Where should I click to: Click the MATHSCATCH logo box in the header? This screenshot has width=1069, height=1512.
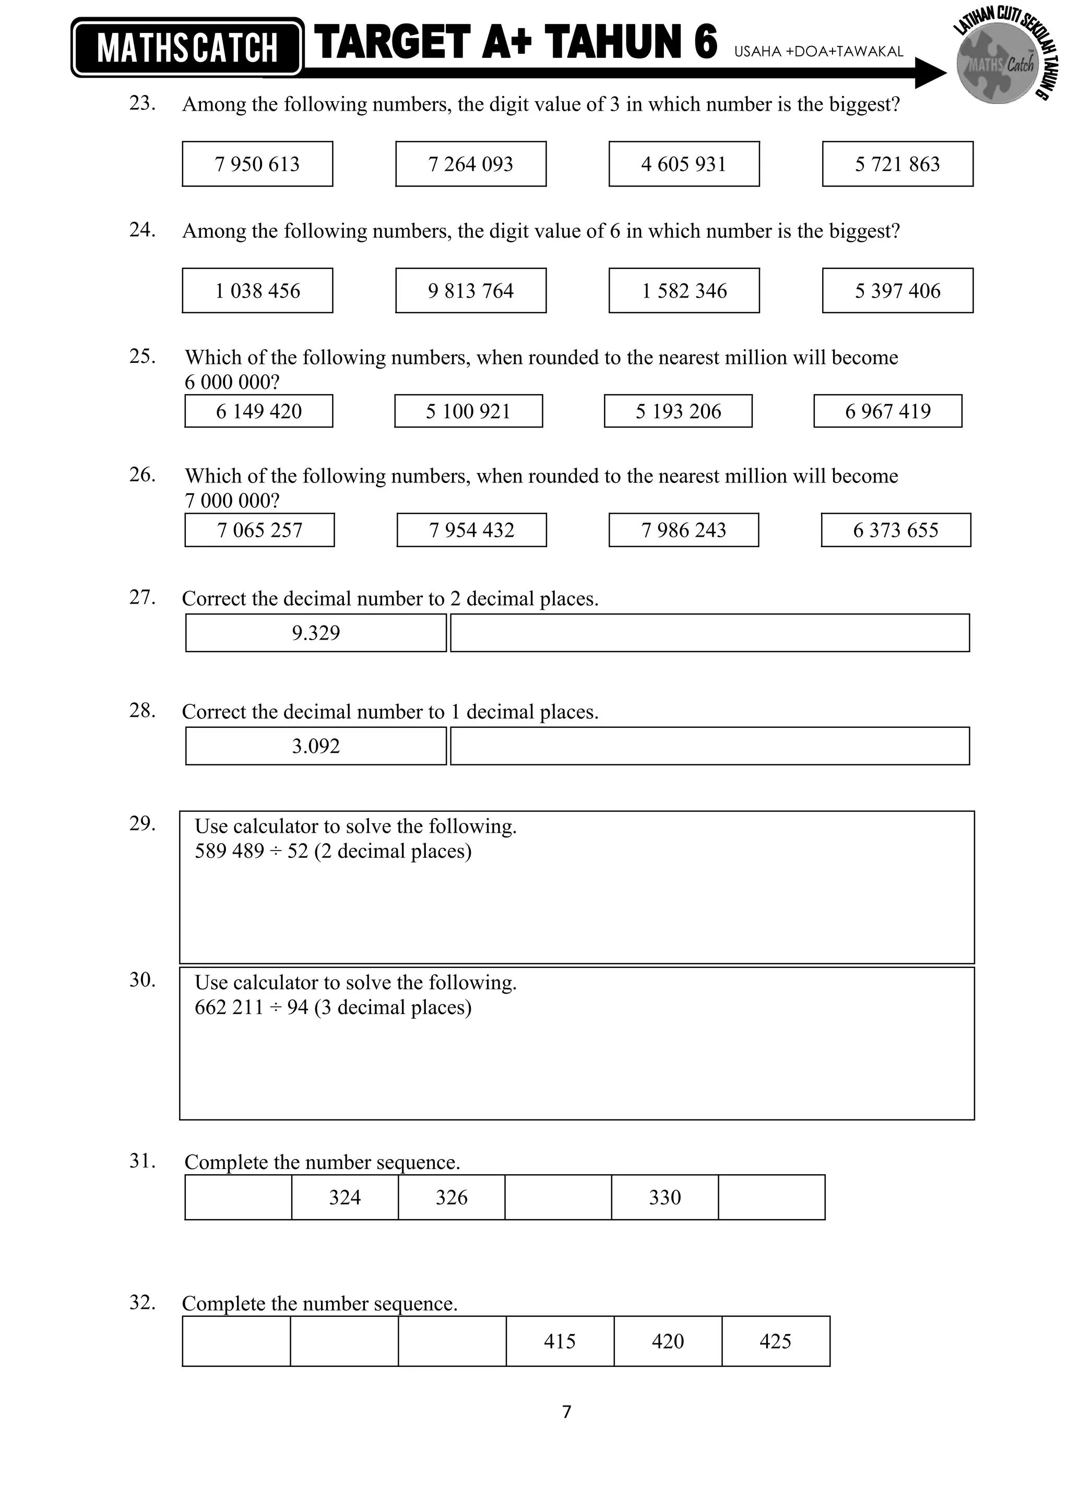pos(187,48)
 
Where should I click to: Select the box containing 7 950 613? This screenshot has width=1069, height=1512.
pos(257,164)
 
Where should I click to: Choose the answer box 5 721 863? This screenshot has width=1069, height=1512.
pos(897,164)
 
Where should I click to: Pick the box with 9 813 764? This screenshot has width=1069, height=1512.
pos(471,290)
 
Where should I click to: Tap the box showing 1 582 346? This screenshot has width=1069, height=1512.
pos(684,290)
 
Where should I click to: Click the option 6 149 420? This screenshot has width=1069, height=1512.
pos(259,411)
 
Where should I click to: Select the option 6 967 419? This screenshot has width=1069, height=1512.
pos(887,411)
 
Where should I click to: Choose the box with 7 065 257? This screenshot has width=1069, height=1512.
pos(259,530)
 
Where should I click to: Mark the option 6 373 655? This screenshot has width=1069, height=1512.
pos(895,530)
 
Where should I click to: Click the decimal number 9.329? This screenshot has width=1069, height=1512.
pos(316,633)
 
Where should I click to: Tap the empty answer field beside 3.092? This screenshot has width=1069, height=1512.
pos(709,746)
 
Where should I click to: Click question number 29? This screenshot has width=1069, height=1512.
pos(142,824)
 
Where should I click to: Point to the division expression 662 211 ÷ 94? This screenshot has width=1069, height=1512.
pos(252,1007)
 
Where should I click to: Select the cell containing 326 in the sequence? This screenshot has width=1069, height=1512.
pos(452,1197)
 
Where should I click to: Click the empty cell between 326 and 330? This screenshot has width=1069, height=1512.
pos(558,1197)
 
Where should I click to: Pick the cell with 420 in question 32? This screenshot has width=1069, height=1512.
pos(668,1341)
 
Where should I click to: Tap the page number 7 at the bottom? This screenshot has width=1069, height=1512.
pos(567,1412)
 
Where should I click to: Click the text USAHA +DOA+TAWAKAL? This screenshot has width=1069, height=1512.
pos(818,51)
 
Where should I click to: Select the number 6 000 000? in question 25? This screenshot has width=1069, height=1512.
pos(232,382)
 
